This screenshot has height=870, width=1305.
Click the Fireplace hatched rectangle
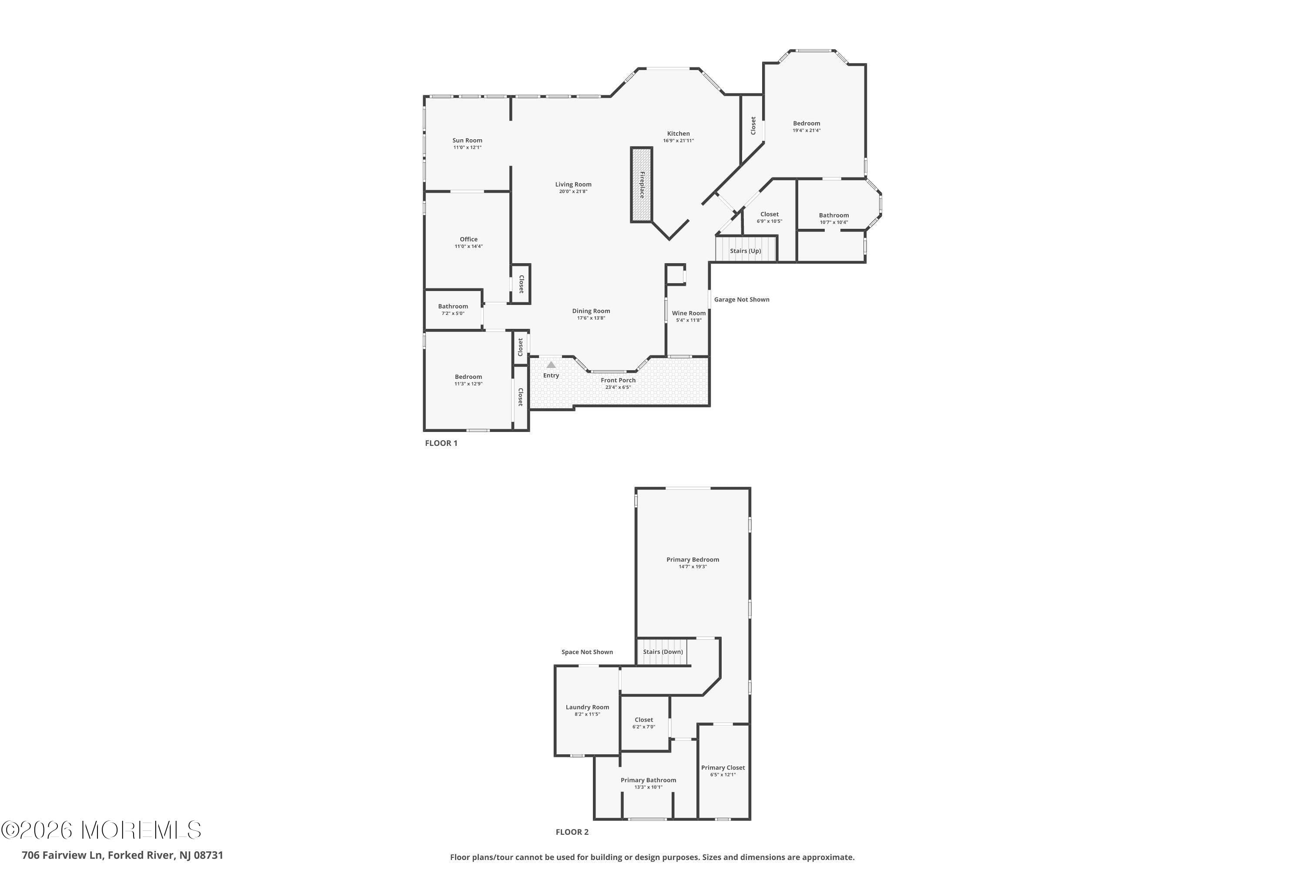click(641, 185)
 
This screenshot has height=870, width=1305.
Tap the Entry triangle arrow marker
click(551, 365)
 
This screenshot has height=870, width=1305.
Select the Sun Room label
click(467, 141)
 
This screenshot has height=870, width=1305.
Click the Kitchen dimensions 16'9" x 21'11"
click(678, 141)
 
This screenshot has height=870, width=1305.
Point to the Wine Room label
click(689, 313)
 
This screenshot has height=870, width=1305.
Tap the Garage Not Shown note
click(741, 300)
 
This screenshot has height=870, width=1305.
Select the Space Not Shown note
click(587, 652)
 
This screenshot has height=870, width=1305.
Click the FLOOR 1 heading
click(441, 443)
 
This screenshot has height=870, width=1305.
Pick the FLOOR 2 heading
click(572, 832)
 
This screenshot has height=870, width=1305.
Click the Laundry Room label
click(587, 707)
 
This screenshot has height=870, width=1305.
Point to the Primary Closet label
click(723, 767)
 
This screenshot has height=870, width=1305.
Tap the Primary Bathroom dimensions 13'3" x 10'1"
click(648, 787)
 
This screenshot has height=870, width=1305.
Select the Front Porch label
click(618, 380)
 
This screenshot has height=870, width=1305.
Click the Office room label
click(468, 239)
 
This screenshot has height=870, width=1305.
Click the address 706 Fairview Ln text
click(123, 855)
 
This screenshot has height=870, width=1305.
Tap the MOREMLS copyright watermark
click(101, 830)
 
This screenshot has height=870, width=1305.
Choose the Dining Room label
click(591, 311)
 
